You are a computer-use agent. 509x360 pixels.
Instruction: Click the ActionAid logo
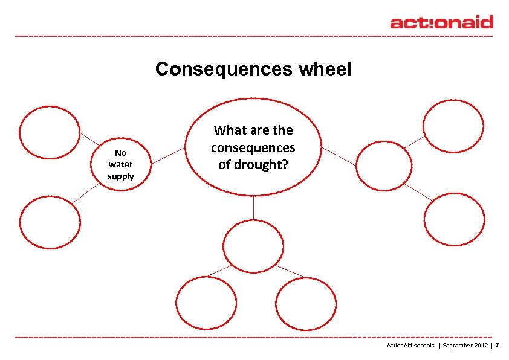441,22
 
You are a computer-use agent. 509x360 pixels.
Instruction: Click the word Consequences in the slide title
224,69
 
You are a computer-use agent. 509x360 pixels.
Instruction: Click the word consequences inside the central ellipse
253,147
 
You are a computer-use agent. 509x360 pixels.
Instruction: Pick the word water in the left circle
121,164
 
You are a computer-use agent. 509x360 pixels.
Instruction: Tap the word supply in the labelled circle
121,176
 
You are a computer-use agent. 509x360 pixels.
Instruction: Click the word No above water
121,153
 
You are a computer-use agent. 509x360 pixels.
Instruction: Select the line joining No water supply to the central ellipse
168,155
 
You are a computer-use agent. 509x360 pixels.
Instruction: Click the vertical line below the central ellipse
253,208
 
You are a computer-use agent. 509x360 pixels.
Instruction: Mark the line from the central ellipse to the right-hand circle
339,156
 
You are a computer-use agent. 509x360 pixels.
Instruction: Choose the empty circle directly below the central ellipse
253,246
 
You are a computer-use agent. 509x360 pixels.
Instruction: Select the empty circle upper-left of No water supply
50,133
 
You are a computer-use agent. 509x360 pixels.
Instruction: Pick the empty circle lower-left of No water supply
50,222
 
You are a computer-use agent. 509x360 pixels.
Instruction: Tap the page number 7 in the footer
498,346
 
